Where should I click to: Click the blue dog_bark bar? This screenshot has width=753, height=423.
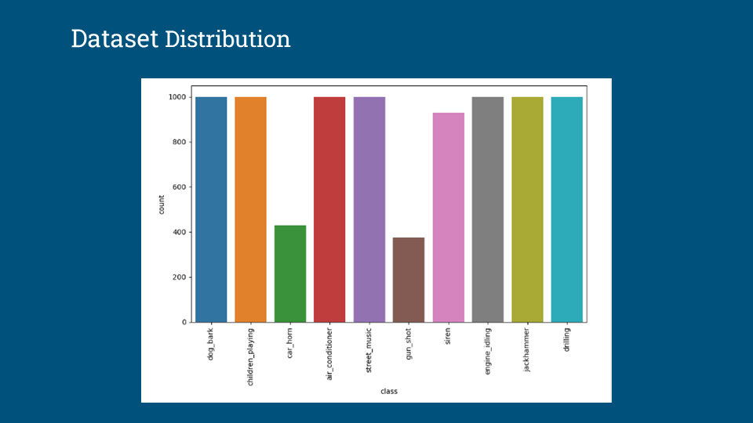[x=211, y=209]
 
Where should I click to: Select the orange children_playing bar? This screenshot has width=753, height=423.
[x=250, y=209]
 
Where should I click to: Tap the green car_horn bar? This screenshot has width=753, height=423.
[x=289, y=273]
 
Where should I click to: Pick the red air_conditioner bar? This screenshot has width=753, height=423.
[x=329, y=209]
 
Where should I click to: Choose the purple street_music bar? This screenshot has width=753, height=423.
[x=369, y=209]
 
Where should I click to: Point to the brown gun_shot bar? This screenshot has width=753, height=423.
[x=408, y=280]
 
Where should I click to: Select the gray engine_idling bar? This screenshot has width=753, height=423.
[x=487, y=209]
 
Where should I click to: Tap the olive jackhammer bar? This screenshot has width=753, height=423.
[x=527, y=209]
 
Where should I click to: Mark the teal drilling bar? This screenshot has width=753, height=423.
[x=566, y=209]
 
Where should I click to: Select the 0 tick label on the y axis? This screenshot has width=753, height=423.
[x=183, y=323]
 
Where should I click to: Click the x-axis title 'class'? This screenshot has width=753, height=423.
[x=388, y=391]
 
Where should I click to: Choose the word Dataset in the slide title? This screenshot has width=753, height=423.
[x=115, y=38]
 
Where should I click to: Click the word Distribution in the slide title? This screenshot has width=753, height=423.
[x=227, y=38]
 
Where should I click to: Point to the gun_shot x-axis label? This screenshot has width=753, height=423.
[x=409, y=345]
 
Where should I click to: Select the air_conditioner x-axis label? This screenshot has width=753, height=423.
[x=329, y=353]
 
